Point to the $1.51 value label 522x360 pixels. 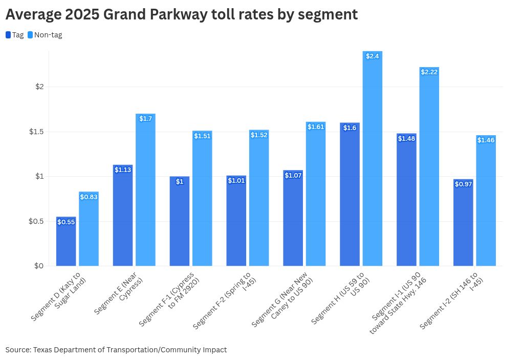coord(202,136)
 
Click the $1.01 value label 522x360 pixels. coord(236,180)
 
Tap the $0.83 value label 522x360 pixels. coord(89,197)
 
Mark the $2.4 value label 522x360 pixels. coord(373,56)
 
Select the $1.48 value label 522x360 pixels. coord(406,138)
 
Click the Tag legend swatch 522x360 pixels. coord(8,35)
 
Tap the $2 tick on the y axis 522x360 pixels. coord(39,87)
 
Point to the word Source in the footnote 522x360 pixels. coord(17,350)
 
